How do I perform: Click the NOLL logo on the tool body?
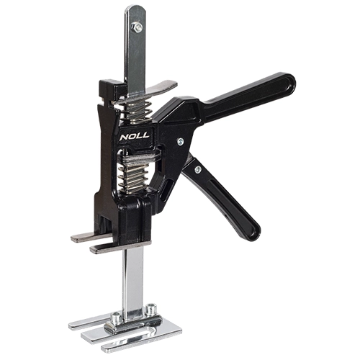pyautogui.click(x=135, y=136)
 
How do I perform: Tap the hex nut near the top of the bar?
pyautogui.click(x=137, y=27)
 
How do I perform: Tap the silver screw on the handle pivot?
pyautogui.click(x=180, y=142)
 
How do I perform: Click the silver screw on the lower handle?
pyautogui.click(x=198, y=170)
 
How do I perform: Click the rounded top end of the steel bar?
pyautogui.click(x=135, y=9)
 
